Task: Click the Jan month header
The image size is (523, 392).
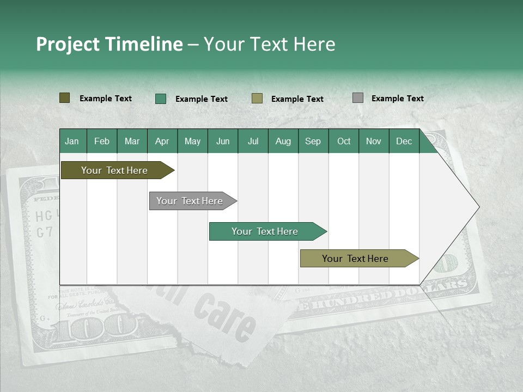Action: tap(72, 141)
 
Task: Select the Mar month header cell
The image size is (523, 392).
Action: tap(132, 141)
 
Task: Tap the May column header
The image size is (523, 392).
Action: tap(192, 141)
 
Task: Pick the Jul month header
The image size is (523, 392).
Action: tap(253, 141)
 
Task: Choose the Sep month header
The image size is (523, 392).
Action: tap(313, 141)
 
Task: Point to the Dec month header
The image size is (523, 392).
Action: tap(404, 141)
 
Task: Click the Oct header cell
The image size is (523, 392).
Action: tap(344, 141)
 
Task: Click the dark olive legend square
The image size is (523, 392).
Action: tap(64, 98)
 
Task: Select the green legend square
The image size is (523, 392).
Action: tap(161, 99)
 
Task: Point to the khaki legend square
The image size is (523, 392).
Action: tap(257, 99)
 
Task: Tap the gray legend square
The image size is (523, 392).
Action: tap(358, 98)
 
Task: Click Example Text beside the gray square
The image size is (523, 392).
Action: tap(397, 99)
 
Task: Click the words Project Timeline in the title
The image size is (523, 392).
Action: tap(109, 44)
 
